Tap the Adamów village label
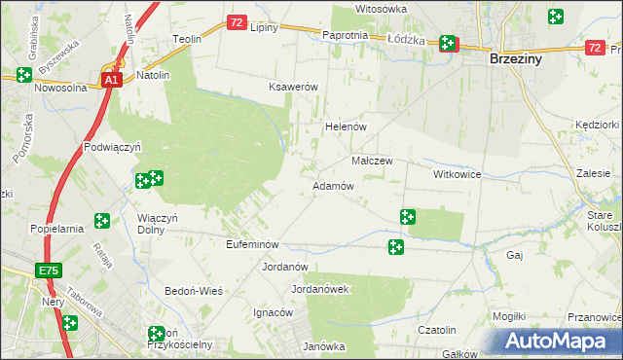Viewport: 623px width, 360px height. pyautogui.click(x=332, y=185)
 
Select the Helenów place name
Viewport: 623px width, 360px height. pyautogui.click(x=345, y=127)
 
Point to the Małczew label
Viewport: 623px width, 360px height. pyautogui.click(x=371, y=161)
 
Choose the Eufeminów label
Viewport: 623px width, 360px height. pyautogui.click(x=252, y=244)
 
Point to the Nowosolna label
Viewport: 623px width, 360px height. pyautogui.click(x=60, y=87)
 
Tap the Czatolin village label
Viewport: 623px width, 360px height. pyautogui.click(x=437, y=331)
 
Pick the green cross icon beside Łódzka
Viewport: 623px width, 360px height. pyautogui.click(x=447, y=43)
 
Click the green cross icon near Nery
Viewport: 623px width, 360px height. pyautogui.click(x=70, y=323)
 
